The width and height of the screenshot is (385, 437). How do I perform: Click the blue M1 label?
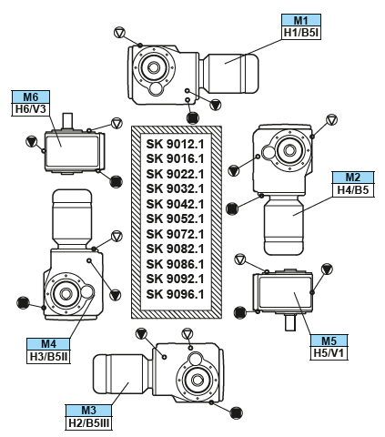click(x=301, y=20)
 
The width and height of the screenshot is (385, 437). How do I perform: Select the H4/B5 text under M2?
click(x=353, y=190)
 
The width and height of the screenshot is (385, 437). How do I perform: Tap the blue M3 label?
click(x=88, y=411)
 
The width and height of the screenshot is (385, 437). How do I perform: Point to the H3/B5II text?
click(x=48, y=357)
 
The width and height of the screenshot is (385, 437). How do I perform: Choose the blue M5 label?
click(x=329, y=340)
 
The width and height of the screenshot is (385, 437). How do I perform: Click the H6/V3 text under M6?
click(x=31, y=109)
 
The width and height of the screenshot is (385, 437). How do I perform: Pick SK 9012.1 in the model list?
click(x=175, y=144)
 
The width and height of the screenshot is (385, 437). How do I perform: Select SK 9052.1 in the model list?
click(x=175, y=218)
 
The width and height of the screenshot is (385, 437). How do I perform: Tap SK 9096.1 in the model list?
click(x=175, y=294)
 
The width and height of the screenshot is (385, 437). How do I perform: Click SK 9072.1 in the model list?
click(x=175, y=234)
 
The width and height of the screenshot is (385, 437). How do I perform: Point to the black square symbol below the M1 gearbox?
click(x=193, y=117)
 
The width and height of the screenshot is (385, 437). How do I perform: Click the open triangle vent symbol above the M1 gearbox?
click(x=119, y=33)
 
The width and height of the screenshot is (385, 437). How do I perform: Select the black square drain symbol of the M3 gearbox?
click(x=236, y=413)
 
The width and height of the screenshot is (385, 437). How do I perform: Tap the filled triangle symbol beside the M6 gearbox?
click(x=32, y=141)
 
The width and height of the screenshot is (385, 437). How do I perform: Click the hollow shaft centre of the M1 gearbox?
click(x=154, y=67)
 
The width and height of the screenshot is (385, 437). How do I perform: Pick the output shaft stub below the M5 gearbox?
click(x=290, y=322)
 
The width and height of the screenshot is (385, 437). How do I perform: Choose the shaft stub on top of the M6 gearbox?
click(x=67, y=121)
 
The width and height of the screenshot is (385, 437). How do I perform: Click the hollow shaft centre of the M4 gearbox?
click(x=65, y=293)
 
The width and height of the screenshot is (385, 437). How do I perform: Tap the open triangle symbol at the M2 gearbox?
click(x=331, y=119)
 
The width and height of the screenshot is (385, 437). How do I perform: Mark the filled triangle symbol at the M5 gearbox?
click(x=327, y=269)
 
